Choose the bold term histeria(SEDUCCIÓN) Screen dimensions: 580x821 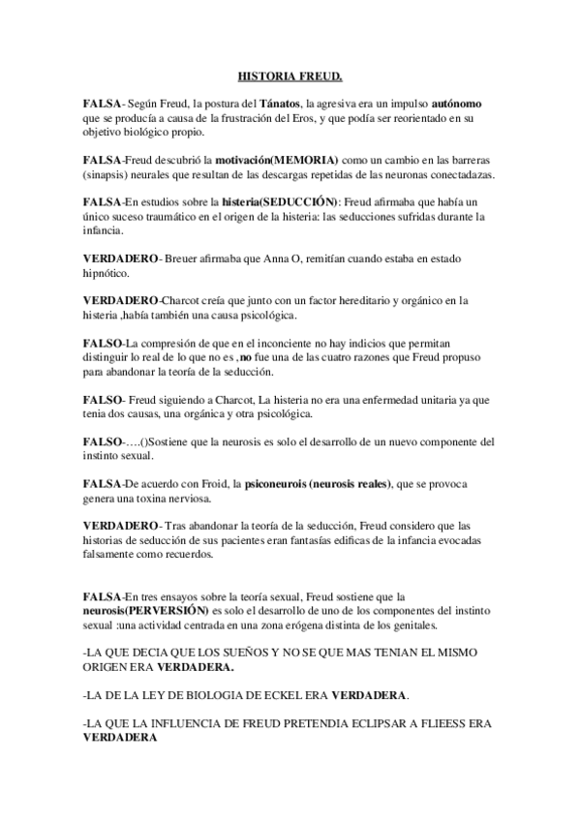pyautogui.click(x=282, y=201)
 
